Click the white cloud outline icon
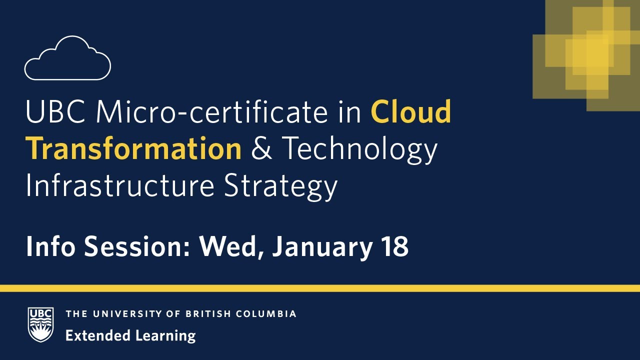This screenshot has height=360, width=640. (67, 58)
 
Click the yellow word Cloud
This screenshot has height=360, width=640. (411, 112)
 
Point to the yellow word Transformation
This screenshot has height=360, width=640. (133, 148)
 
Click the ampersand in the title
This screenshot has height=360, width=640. (261, 148)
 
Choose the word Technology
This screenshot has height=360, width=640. (359, 149)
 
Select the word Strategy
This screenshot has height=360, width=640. (280, 186)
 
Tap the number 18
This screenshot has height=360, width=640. (393, 246)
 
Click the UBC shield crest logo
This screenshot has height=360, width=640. (40, 324)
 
